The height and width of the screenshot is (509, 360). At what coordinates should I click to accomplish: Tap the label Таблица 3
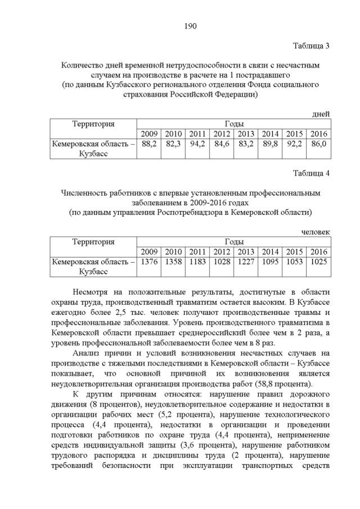pyautogui.click(x=311, y=46)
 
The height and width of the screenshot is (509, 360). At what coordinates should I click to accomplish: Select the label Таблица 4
pyautogui.click(x=311, y=173)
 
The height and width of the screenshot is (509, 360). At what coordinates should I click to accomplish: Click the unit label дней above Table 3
pyautogui.click(x=321, y=114)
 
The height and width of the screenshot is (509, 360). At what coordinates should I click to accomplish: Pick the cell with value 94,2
pyautogui.click(x=197, y=145)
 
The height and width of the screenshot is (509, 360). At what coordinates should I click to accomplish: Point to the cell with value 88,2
pyautogui.click(x=149, y=145)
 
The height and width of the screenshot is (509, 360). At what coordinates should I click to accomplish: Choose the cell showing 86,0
pyautogui.click(x=318, y=145)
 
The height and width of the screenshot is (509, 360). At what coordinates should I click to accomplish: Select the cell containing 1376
pyautogui.click(x=149, y=262)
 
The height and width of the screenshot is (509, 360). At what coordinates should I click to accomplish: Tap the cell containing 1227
pyautogui.click(x=246, y=262)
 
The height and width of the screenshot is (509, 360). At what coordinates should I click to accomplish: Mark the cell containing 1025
pyautogui.click(x=318, y=262)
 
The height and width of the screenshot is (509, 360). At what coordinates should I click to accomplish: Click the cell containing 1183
pyautogui.click(x=197, y=262)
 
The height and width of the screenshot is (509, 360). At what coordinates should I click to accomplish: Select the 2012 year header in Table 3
pyautogui.click(x=222, y=134)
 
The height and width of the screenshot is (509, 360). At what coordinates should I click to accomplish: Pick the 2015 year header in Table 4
pyautogui.click(x=294, y=251)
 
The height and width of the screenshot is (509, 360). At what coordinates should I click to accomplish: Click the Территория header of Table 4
pyautogui.click(x=93, y=242)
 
